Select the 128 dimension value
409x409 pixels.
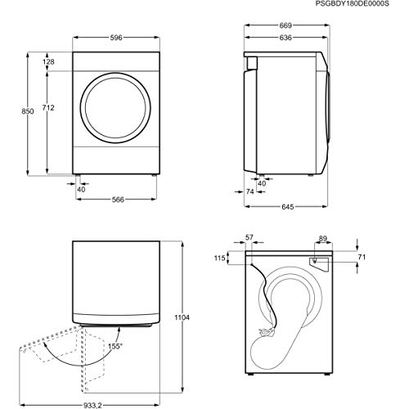pos(48,63)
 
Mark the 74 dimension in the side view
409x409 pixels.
pos(249,191)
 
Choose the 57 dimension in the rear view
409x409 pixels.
pos(249,237)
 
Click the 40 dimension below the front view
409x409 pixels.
pos(82,189)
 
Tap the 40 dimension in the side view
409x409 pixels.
pos(262,183)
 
